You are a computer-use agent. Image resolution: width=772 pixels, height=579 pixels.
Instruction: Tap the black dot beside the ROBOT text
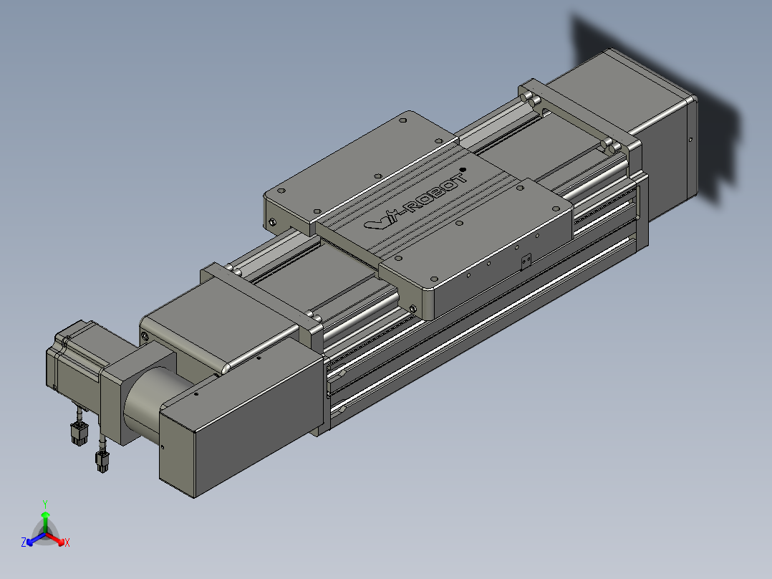463,170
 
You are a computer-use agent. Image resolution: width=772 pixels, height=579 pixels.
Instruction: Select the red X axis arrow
55,539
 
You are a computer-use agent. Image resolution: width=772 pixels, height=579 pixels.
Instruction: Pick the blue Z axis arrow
37,539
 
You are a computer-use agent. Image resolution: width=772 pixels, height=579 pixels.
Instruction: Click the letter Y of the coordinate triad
45,504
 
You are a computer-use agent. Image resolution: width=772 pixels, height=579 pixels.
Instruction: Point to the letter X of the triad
67,542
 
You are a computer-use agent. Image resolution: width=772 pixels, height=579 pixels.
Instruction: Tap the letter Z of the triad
24,542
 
